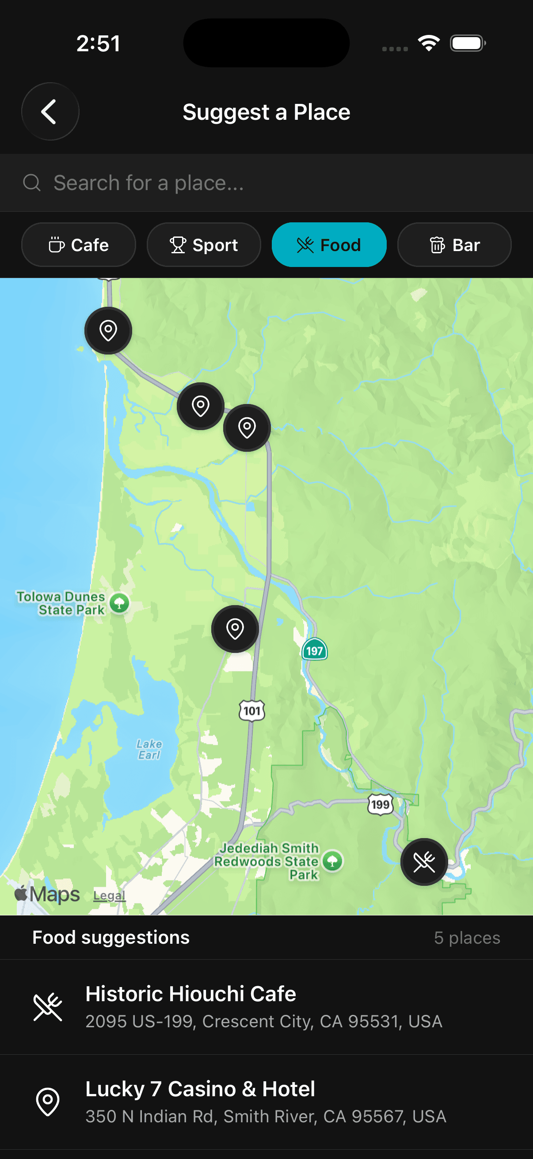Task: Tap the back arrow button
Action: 50,111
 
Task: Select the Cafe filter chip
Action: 79,245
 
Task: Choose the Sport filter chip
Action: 204,245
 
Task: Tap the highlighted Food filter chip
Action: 329,245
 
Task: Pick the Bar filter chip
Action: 454,245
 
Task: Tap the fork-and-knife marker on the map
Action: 424,862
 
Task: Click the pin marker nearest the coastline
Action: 108,331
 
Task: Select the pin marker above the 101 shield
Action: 235,629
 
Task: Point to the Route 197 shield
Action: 314,650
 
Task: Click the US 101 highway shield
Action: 252,711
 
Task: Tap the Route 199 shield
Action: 381,804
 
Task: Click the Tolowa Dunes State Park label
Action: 61,603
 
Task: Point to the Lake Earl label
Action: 149,749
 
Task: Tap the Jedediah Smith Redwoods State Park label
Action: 267,861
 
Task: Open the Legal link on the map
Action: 109,896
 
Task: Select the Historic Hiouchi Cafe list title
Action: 191,993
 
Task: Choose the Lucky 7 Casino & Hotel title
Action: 200,1089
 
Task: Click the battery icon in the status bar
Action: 467,43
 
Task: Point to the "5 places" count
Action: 467,938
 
